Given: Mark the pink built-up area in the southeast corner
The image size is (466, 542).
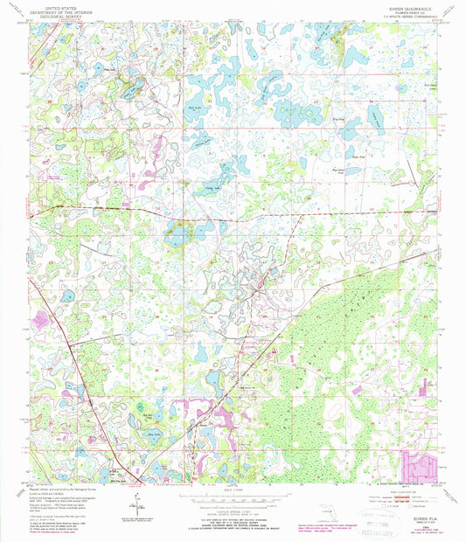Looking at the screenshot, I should coord(419,463).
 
